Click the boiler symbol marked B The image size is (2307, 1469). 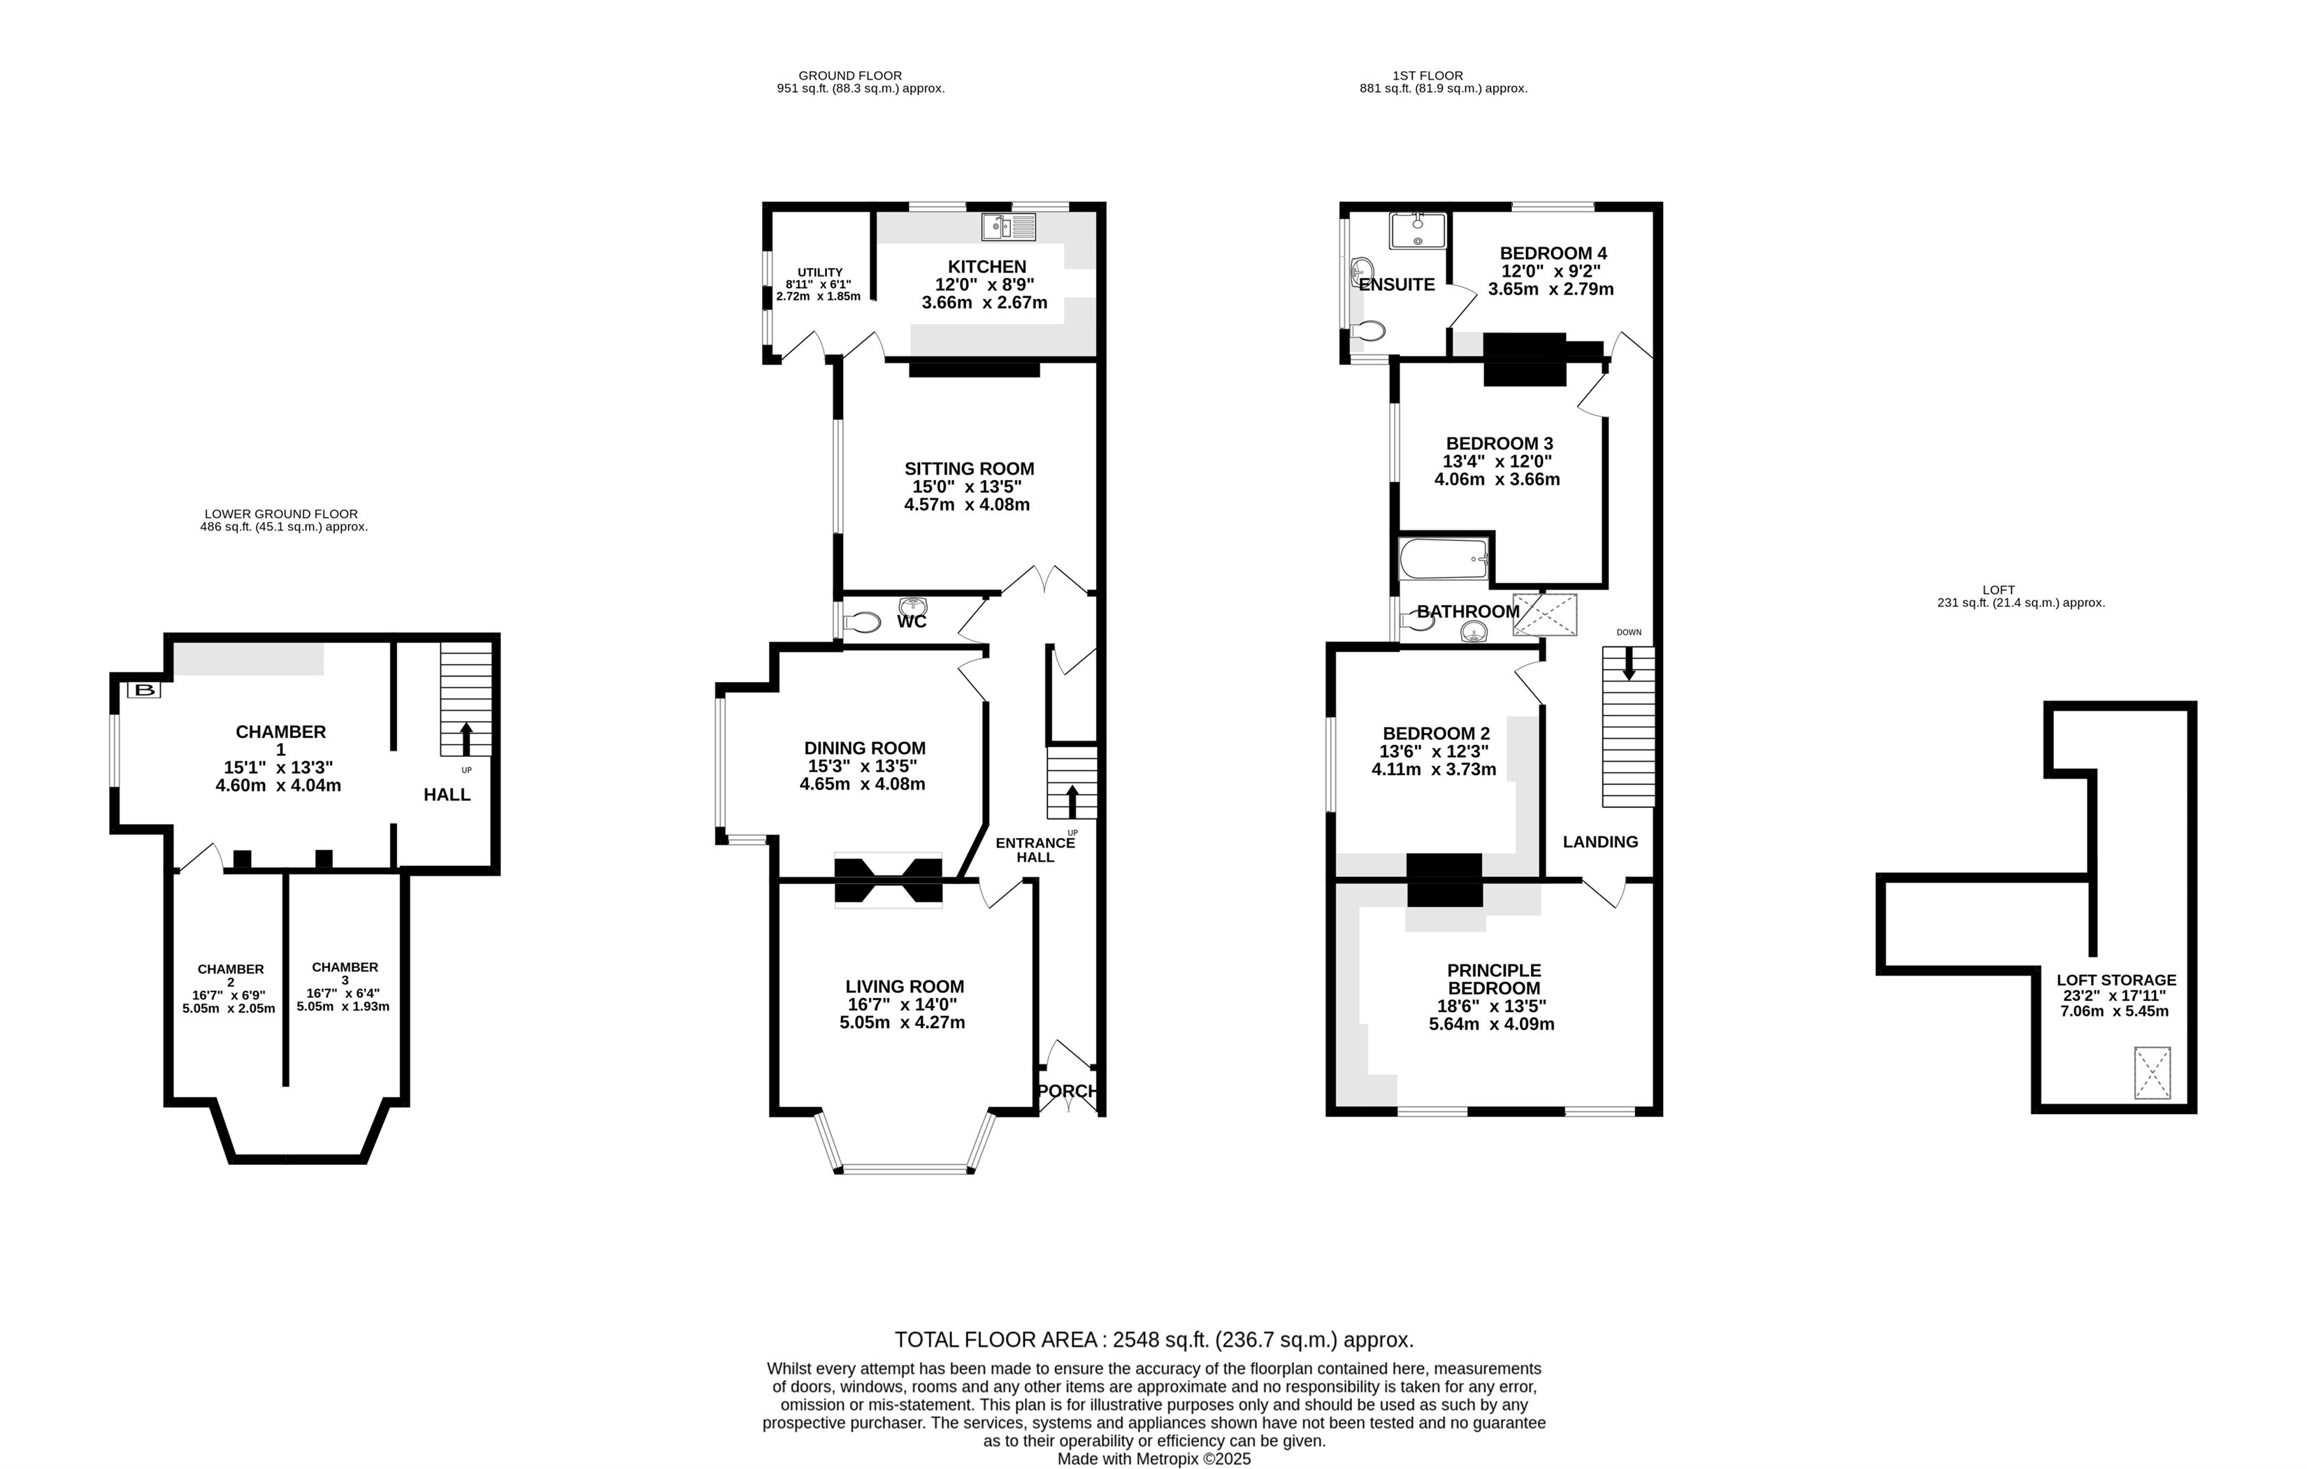[x=145, y=690]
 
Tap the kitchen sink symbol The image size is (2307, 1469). [x=1008, y=227]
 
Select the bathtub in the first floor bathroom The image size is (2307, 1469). [x=1443, y=559]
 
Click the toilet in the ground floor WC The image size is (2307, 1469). [x=861, y=623]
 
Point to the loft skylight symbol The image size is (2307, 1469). [x=2152, y=1073]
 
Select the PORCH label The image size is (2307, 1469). [x=1068, y=1091]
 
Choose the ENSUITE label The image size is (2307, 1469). [x=1397, y=284]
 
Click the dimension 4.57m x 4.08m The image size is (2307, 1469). [x=967, y=505]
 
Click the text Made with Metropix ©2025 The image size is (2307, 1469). [x=1153, y=1459]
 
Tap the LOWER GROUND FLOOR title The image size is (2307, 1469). [x=281, y=514]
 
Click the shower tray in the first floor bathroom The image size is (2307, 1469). [x=1544, y=615]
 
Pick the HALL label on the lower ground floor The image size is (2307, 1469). [x=447, y=795]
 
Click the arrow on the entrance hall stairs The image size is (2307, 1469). [x=1071, y=801]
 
